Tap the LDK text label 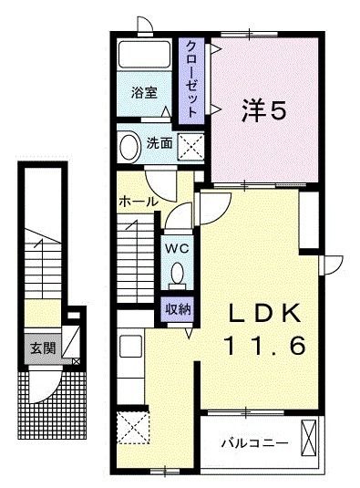coord(263,313)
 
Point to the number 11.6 coord(263,346)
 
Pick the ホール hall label coord(138,201)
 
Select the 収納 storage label coord(177,307)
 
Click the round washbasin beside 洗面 coord(129,145)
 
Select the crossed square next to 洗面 coord(190,144)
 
